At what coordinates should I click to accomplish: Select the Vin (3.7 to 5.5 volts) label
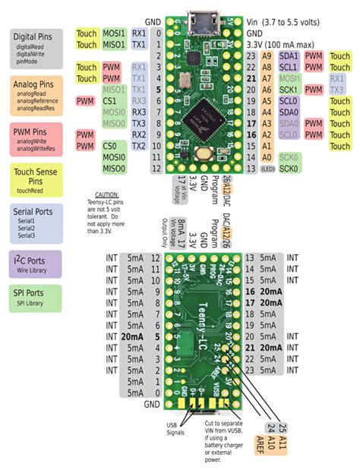[x=292, y=24]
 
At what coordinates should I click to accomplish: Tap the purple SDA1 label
[x=289, y=56]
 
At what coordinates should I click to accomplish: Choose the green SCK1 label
[x=289, y=90]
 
